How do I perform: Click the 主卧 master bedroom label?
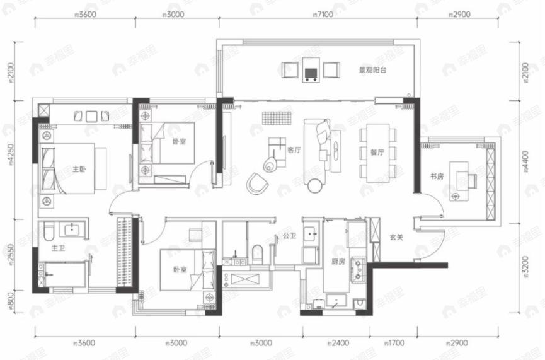pyautogui.click(x=79, y=169)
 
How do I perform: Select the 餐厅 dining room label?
pyautogui.click(x=369, y=151)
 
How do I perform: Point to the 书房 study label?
pyautogui.click(x=437, y=177)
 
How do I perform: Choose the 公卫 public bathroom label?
pyautogui.click(x=289, y=238)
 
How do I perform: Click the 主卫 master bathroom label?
pyautogui.click(x=59, y=248)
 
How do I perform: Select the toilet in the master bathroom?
pyautogui.click(x=48, y=235)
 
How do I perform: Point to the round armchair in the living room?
pyautogui.click(x=257, y=183)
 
